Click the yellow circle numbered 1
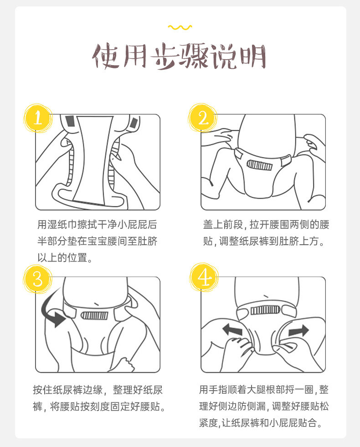(x=38, y=118)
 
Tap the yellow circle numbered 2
(x=202, y=118)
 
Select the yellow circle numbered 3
(x=38, y=279)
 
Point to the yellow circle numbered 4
(x=204, y=277)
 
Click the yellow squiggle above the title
(x=180, y=27)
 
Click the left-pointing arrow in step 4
(x=232, y=330)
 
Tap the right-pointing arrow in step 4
(x=298, y=331)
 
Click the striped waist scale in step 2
(x=259, y=165)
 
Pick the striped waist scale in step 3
(x=95, y=315)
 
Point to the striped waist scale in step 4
(x=264, y=310)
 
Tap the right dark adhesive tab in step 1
(x=134, y=123)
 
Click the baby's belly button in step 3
(x=97, y=303)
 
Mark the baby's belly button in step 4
(x=266, y=297)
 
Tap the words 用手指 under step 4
(x=214, y=390)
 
